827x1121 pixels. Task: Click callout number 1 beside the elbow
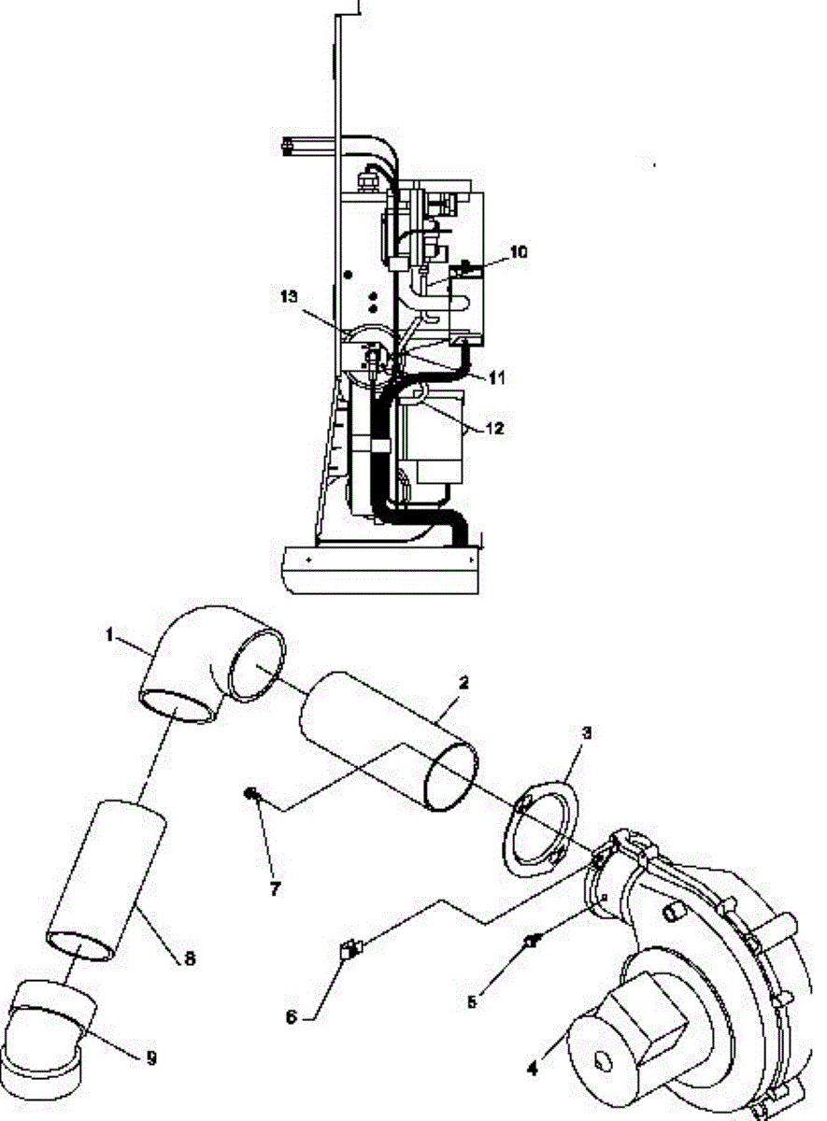(110, 635)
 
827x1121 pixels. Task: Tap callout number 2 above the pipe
(463, 684)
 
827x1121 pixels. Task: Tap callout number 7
(275, 888)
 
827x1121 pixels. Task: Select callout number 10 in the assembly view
(519, 252)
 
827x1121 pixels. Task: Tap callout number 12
(495, 429)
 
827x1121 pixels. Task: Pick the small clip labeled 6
(349, 950)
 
